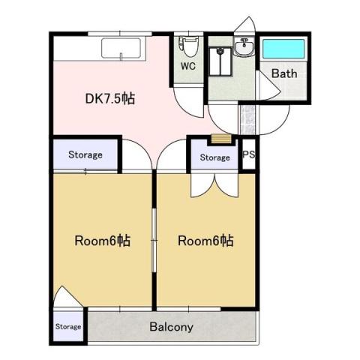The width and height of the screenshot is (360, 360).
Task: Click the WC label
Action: click(x=188, y=66)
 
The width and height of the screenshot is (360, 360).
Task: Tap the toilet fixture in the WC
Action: click(x=189, y=46)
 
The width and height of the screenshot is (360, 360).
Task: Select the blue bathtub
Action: click(x=283, y=49)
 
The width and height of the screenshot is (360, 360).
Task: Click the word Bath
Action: click(x=284, y=73)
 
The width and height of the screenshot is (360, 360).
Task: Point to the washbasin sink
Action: click(x=244, y=46)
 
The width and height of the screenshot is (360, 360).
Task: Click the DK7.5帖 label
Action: click(x=110, y=98)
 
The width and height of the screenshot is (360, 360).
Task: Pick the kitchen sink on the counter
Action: click(x=121, y=49)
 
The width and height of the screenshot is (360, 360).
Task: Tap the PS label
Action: click(x=249, y=154)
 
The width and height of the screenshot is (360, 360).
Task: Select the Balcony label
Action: click(x=172, y=327)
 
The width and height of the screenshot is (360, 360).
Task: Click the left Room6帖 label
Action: click(x=103, y=241)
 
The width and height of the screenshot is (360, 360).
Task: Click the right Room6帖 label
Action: click(x=205, y=241)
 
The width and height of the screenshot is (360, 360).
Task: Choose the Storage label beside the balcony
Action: click(x=68, y=326)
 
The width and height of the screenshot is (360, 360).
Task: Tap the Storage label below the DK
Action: click(x=85, y=154)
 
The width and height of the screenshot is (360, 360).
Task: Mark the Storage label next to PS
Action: click(x=215, y=157)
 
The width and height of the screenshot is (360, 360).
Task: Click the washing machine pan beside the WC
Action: click(x=220, y=61)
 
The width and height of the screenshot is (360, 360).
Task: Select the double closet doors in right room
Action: click(x=214, y=185)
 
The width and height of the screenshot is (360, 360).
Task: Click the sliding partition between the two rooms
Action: click(x=154, y=240)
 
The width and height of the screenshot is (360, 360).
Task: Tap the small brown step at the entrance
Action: click(x=221, y=139)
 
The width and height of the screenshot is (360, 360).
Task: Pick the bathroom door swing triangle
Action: click(x=269, y=85)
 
